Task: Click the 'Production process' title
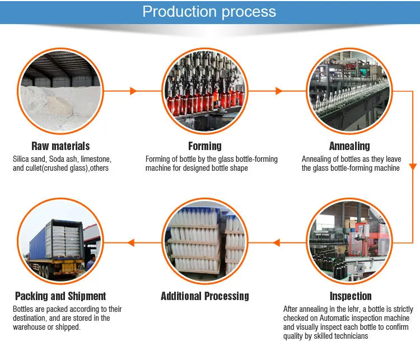coord(209,12)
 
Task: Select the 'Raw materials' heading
coord(60,146)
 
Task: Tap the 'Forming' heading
coord(205,146)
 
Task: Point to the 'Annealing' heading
coord(349,146)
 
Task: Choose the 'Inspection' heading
coord(351,296)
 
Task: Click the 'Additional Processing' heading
coord(205,296)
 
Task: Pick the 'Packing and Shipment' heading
coord(60,296)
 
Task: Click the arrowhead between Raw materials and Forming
coord(133,91)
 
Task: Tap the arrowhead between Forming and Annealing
coord(279,91)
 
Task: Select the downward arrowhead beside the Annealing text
coord(413,167)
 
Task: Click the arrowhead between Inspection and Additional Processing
coord(277,243)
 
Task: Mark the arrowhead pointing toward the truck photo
coord(130,243)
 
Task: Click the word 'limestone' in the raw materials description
coord(96,159)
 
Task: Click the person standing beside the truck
coord(91,263)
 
